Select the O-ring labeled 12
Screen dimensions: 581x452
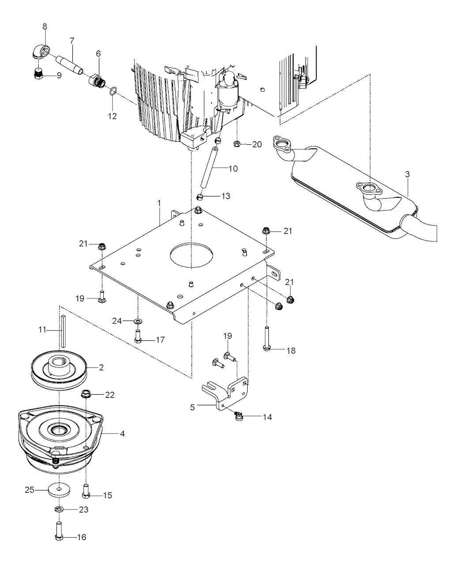coord(113,91)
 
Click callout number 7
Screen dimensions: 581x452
coord(72,41)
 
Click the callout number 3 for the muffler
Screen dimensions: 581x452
coord(407,174)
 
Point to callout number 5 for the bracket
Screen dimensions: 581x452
coord(192,407)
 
